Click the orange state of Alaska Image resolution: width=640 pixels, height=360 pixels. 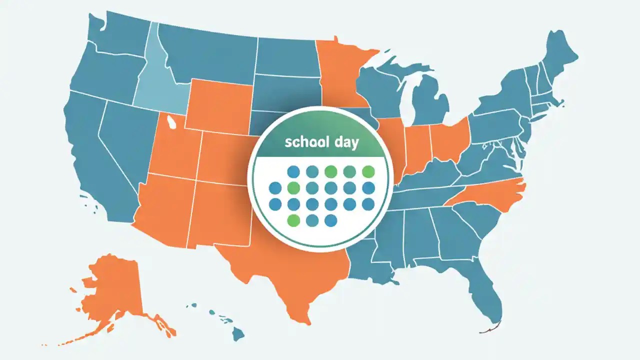tap(112, 290)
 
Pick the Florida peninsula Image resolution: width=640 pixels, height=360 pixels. tap(487, 295)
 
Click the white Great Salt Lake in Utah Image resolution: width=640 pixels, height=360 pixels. tap(171, 120)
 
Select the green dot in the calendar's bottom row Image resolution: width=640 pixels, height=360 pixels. tap(293, 220)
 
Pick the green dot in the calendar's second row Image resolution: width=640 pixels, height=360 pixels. tap(293, 188)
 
